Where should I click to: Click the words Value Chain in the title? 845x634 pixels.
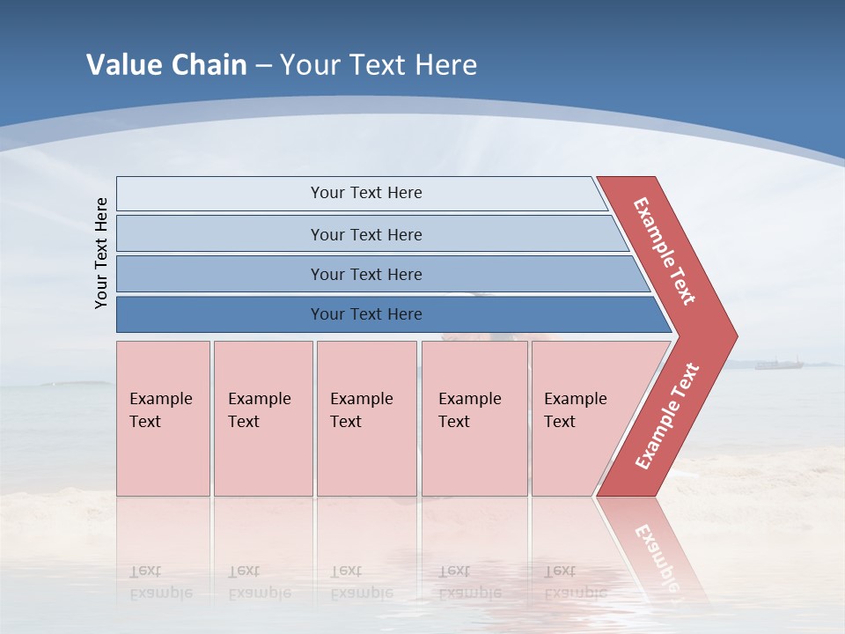(x=166, y=64)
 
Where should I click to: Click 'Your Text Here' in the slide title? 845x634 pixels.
(x=378, y=64)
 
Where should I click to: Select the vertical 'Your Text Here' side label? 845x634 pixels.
(x=101, y=253)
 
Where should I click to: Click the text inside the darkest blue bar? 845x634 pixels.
(x=366, y=314)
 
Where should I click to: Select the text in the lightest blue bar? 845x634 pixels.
(x=366, y=193)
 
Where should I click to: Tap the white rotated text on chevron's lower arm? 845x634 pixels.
(x=667, y=416)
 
